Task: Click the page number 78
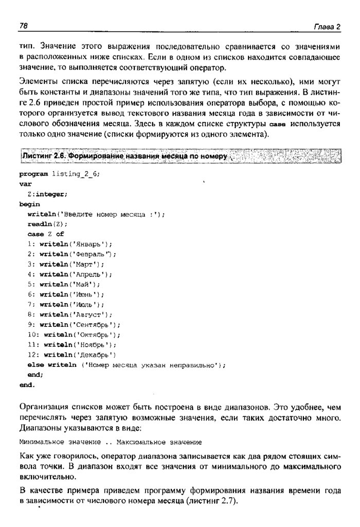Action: tap(23, 26)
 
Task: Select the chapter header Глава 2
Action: tap(328, 27)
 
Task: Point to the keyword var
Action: tap(25, 183)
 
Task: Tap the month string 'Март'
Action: tap(87, 265)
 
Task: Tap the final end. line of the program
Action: tap(27, 385)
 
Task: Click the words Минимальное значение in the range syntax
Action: tap(56, 442)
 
